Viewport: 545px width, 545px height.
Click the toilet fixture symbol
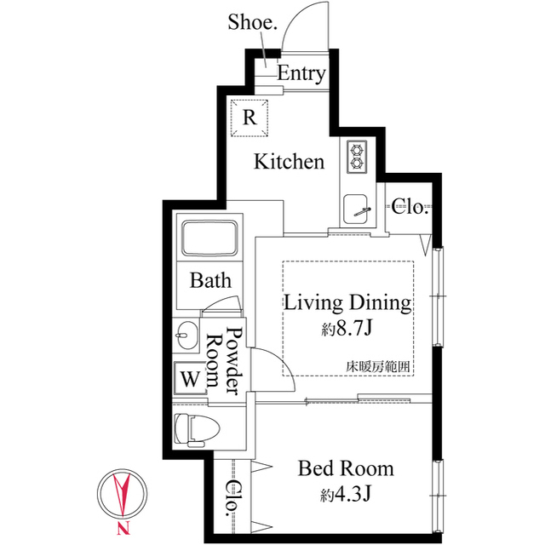[x=197, y=429]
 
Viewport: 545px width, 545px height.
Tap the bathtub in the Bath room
[x=210, y=238]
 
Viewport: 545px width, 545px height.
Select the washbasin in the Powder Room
[x=186, y=335]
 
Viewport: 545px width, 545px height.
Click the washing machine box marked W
[x=190, y=378]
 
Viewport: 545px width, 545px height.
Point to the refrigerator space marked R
[x=250, y=118]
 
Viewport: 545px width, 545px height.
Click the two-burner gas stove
[x=357, y=157]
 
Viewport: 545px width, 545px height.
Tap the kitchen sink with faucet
[x=356, y=209]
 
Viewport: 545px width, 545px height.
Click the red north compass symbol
[x=123, y=500]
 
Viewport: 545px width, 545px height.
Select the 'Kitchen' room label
[x=290, y=162]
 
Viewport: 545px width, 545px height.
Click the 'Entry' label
[x=301, y=74]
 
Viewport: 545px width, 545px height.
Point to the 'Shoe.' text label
[x=252, y=22]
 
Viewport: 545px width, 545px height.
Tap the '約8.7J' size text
[x=347, y=327]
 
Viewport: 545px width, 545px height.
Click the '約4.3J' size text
[x=346, y=493]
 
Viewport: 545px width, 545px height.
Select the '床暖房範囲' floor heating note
[x=378, y=367]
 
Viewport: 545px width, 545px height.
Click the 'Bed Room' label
[x=346, y=468]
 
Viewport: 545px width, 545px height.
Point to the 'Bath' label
[x=210, y=280]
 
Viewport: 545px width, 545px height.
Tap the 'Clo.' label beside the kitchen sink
[x=409, y=207]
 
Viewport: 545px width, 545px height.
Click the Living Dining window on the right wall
[x=439, y=296]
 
